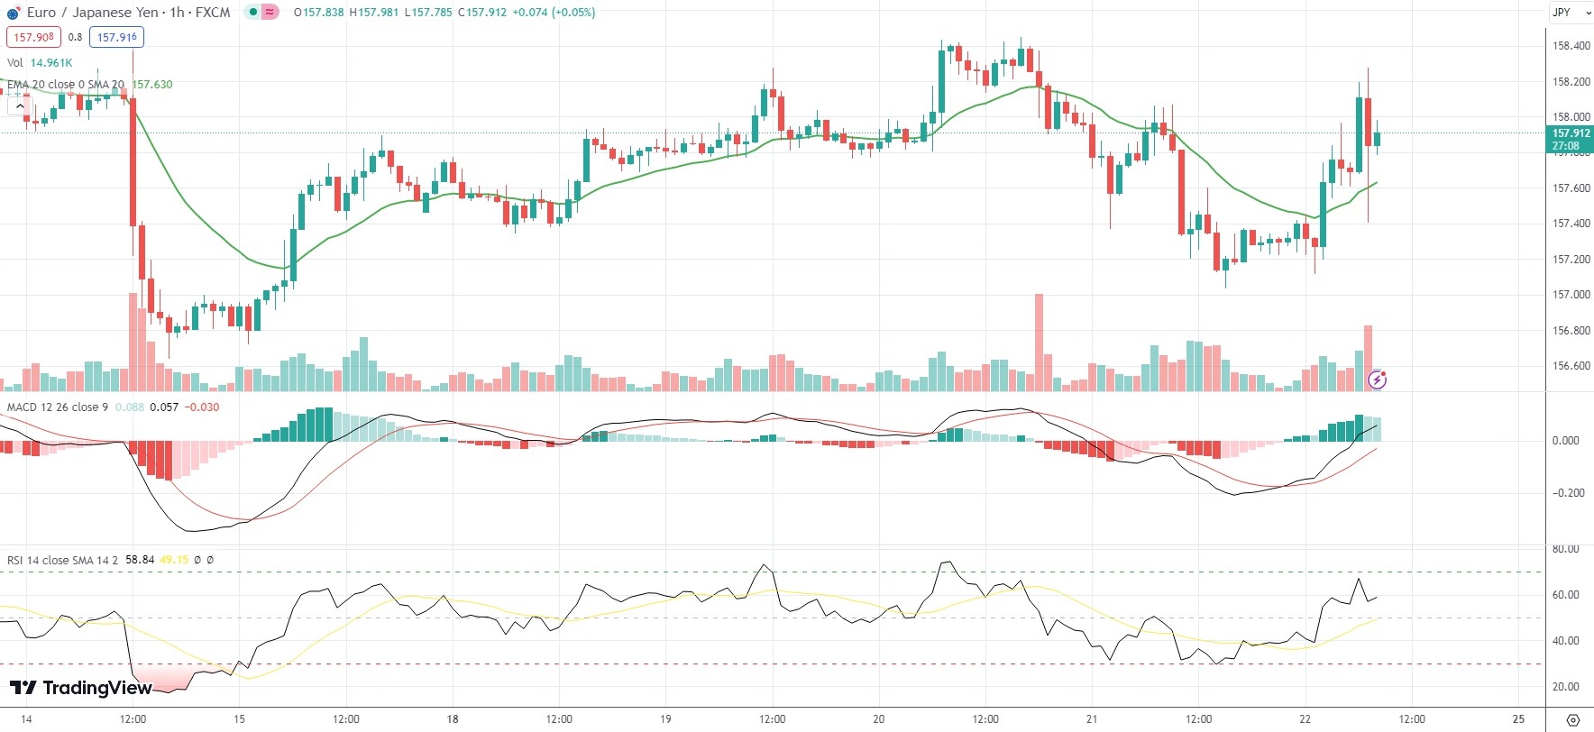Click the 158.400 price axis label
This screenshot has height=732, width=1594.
tap(1571, 46)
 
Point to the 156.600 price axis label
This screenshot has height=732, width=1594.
tap(1571, 366)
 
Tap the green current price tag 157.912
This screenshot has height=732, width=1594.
tap(1571, 133)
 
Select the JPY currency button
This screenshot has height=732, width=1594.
tap(1562, 13)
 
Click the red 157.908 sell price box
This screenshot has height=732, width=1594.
tap(33, 37)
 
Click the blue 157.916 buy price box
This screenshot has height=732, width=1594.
tap(116, 37)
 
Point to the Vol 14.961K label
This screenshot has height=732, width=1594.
tap(40, 63)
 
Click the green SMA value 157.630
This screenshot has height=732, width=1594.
tap(151, 85)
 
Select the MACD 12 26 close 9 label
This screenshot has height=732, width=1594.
tap(57, 407)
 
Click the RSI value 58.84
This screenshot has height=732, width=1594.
tap(140, 560)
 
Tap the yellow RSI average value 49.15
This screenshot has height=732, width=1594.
tap(174, 560)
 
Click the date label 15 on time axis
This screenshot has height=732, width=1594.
tap(239, 719)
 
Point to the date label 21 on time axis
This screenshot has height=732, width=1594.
tap(1092, 719)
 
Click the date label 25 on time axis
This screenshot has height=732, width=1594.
tap(1518, 719)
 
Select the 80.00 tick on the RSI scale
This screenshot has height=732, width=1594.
tap(1565, 549)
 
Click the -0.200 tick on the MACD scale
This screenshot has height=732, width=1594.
tap(1565, 493)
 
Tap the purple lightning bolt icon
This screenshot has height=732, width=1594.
tap(1377, 380)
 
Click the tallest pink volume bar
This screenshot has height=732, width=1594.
tap(1039, 343)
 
